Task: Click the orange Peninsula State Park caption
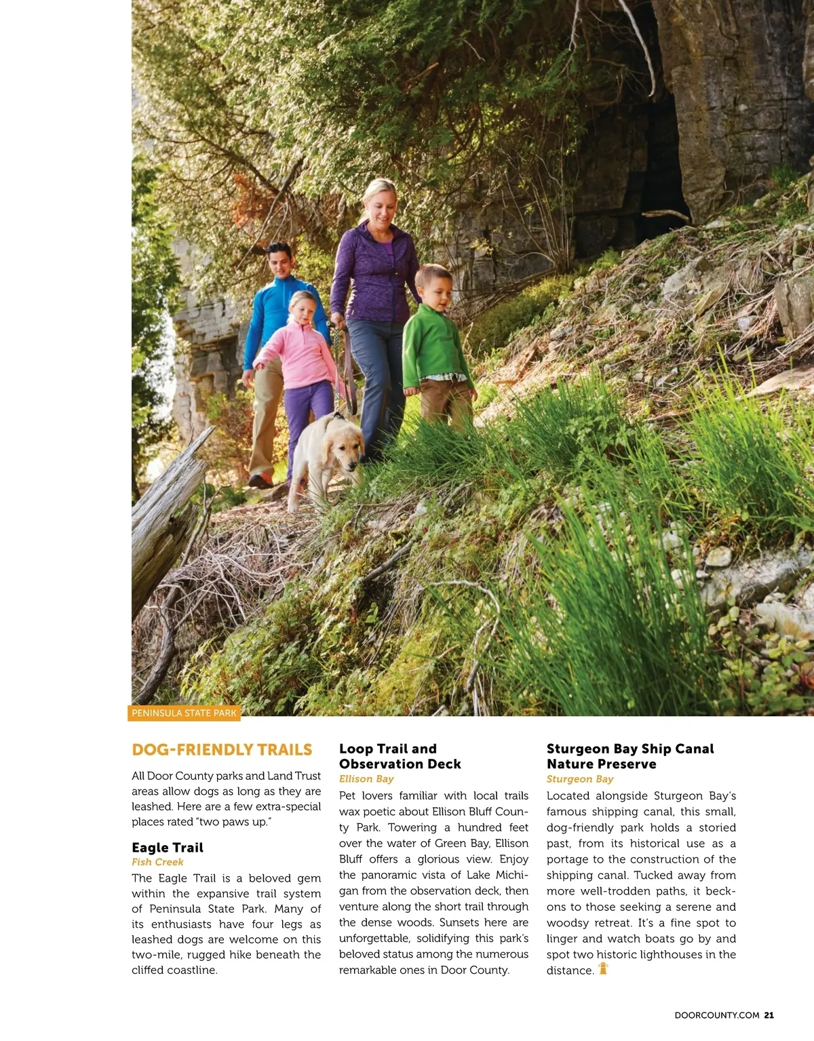pyautogui.click(x=184, y=713)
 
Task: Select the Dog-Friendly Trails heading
pyautogui.click(x=222, y=749)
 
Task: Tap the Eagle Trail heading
pyautogui.click(x=168, y=847)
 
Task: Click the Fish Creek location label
pyautogui.click(x=157, y=862)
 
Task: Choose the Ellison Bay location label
pyautogui.click(x=366, y=779)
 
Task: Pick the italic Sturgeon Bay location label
pyautogui.click(x=580, y=779)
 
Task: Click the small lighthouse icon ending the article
pyautogui.click(x=603, y=968)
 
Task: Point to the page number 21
pyautogui.click(x=769, y=1015)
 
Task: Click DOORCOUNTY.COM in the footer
pyautogui.click(x=717, y=1015)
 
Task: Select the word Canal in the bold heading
pyautogui.click(x=695, y=749)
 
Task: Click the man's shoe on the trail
pyautogui.click(x=260, y=481)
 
